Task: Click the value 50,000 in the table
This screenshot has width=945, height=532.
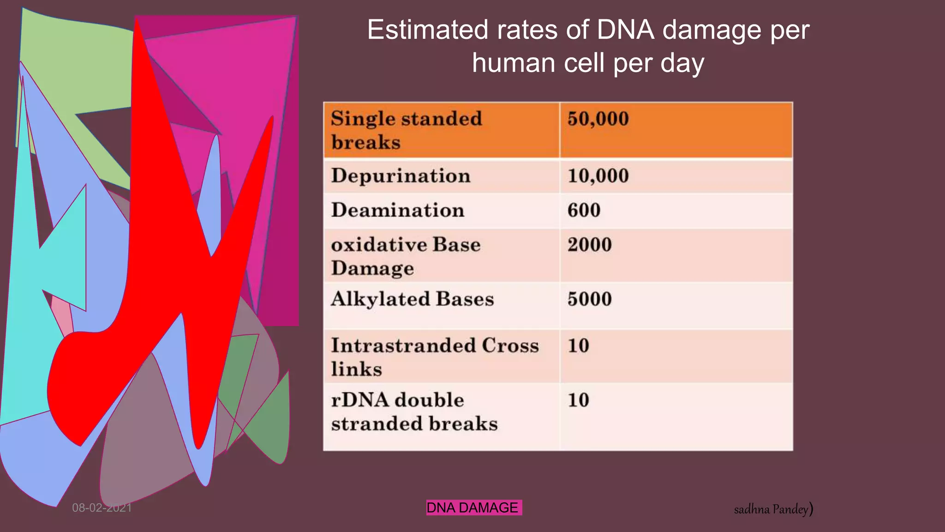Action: click(598, 119)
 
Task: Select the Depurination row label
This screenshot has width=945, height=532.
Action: click(401, 176)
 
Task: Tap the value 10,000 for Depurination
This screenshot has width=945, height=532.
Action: click(598, 176)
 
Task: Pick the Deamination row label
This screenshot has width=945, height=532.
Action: click(397, 211)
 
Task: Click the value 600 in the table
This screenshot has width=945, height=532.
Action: click(584, 211)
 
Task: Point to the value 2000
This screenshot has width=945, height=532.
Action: click(589, 245)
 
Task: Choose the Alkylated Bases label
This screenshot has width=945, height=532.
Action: click(412, 299)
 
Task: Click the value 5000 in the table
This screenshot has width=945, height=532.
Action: click(589, 299)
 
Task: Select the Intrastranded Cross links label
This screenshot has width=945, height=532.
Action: click(434, 357)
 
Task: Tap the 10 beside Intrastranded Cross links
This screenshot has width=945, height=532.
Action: click(578, 346)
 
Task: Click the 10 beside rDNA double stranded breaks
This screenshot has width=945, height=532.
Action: click(578, 400)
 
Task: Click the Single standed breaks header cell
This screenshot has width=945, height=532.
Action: click(406, 131)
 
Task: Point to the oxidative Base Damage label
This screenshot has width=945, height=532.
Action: click(405, 256)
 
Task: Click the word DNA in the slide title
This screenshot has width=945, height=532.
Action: click(625, 30)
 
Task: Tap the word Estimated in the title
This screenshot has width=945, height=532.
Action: click(427, 30)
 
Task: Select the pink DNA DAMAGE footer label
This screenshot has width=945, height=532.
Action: click(473, 508)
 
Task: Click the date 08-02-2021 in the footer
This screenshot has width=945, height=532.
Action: click(102, 508)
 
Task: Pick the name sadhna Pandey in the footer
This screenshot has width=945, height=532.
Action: click(772, 509)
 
